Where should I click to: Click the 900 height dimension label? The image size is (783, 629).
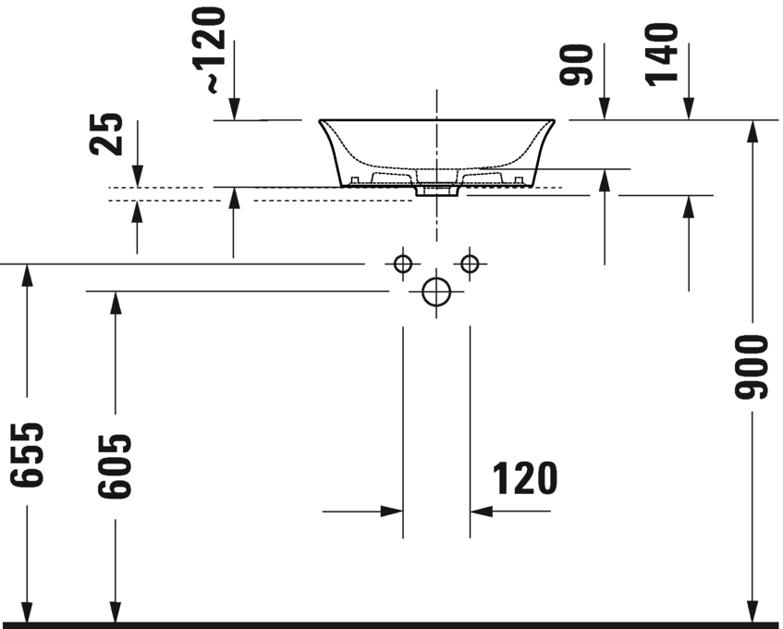coord(753,367)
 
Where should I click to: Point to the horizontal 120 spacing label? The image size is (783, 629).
coord(524,479)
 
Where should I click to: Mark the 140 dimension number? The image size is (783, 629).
coord(662,54)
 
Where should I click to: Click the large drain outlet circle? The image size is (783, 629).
coord(435,291)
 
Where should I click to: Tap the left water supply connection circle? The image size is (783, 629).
coord(402,265)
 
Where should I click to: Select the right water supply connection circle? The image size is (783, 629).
coord(470,265)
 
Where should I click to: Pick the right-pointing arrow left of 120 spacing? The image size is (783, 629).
coord(392,511)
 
